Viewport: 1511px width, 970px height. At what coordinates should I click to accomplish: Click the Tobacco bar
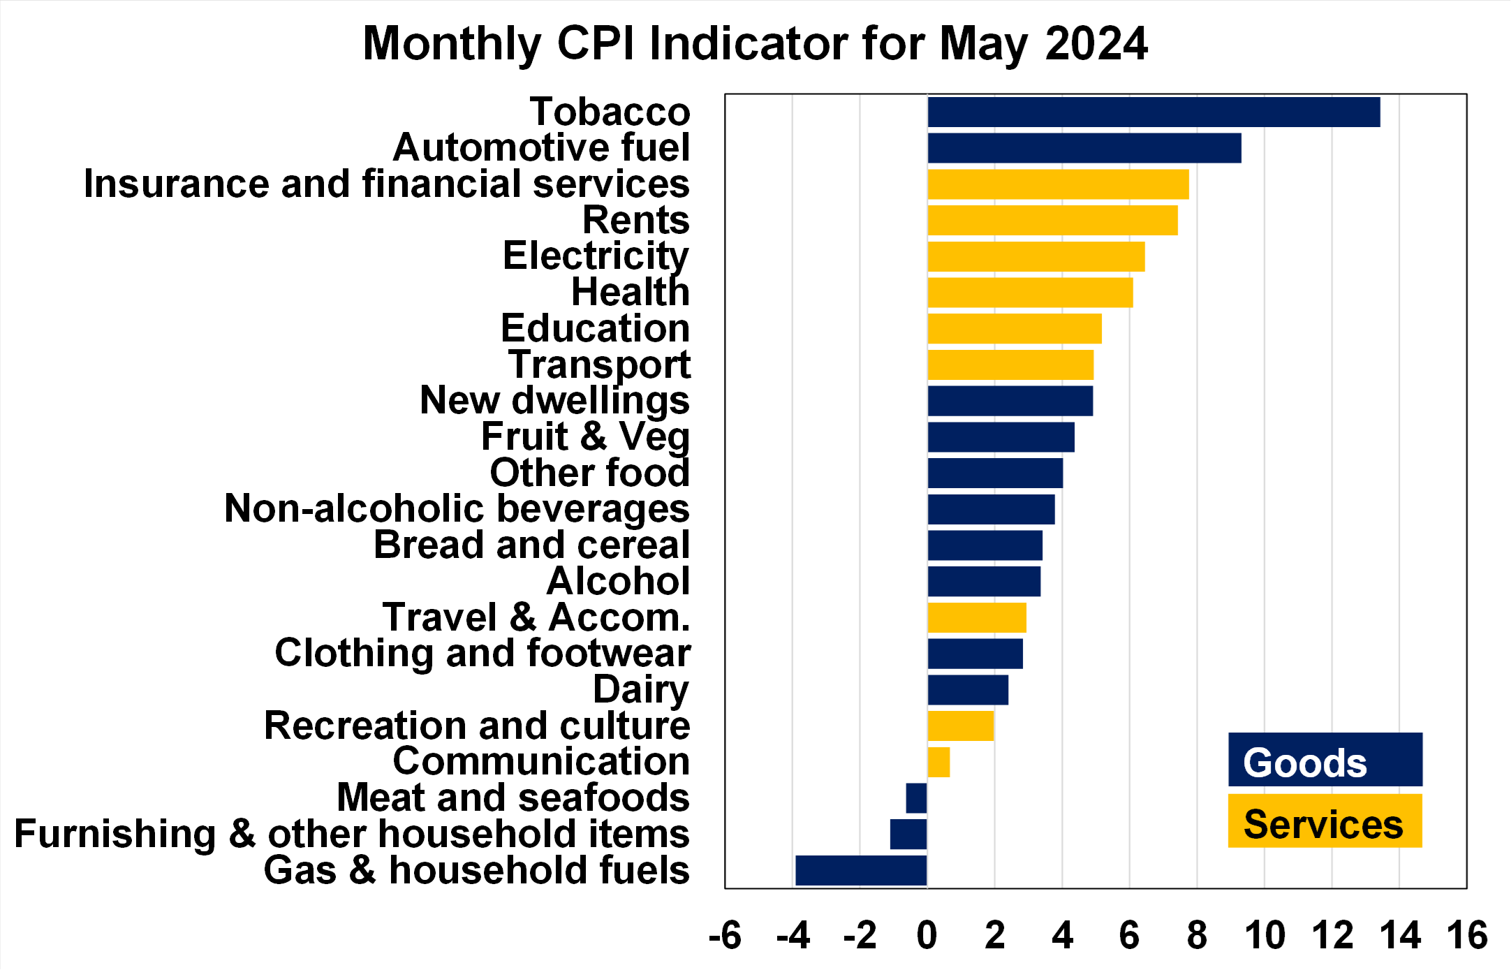pyautogui.click(x=1153, y=112)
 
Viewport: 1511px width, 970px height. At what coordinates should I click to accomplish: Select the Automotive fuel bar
pyautogui.click(x=1084, y=148)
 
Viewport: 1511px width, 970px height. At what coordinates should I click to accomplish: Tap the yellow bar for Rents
pyautogui.click(x=1052, y=220)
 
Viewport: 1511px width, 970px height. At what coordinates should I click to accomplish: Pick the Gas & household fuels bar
pyautogui.click(x=861, y=870)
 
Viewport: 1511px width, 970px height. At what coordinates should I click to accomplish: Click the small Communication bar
pyautogui.click(x=938, y=762)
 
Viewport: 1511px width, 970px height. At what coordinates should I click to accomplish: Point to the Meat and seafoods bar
pyautogui.click(x=916, y=798)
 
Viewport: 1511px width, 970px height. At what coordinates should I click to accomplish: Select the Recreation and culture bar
pyautogui.click(x=960, y=726)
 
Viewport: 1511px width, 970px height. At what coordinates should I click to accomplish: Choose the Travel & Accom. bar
pyautogui.click(x=977, y=617)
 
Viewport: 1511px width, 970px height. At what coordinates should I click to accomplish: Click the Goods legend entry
pyautogui.click(x=1325, y=760)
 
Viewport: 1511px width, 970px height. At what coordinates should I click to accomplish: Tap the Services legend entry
pyautogui.click(x=1325, y=822)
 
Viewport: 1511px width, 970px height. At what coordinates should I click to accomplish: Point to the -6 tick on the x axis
pyautogui.click(x=725, y=936)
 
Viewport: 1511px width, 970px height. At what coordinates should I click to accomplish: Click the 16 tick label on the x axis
pyautogui.click(x=1467, y=936)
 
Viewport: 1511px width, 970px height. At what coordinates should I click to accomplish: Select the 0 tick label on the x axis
pyautogui.click(x=927, y=936)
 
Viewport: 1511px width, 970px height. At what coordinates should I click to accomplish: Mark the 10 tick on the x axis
pyautogui.click(x=1265, y=936)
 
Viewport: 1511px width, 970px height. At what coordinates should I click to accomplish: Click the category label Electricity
pyautogui.click(x=596, y=256)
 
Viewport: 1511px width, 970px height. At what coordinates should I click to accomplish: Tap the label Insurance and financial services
pyautogui.click(x=386, y=184)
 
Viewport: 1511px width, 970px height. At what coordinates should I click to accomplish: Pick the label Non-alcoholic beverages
pyautogui.click(x=457, y=508)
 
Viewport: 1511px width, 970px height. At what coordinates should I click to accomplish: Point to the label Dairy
pyautogui.click(x=641, y=689)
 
